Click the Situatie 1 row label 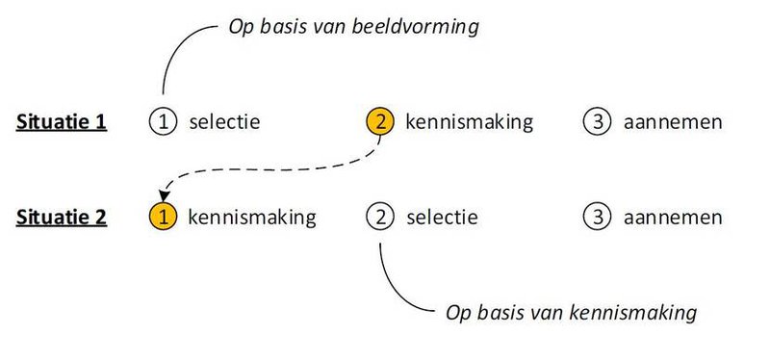[x=61, y=123]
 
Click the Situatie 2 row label [x=61, y=218]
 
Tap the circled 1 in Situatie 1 [x=164, y=122]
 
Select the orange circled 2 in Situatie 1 [x=380, y=122]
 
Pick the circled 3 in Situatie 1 [x=597, y=122]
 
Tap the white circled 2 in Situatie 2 [x=380, y=217]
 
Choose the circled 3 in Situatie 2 [x=597, y=217]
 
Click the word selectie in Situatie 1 [x=225, y=122]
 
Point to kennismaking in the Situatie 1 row [x=469, y=122]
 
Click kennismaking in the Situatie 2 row [x=252, y=217]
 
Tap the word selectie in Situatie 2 [x=442, y=217]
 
